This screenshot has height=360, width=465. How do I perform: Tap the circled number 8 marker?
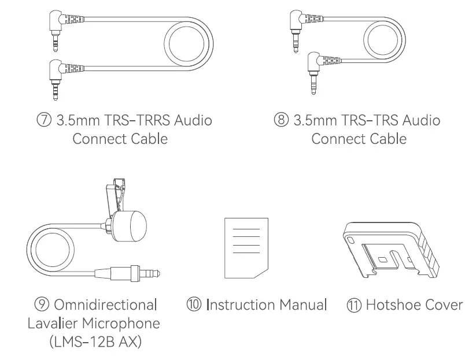[281, 121]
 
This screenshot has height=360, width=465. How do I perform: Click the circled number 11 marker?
[353, 304]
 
